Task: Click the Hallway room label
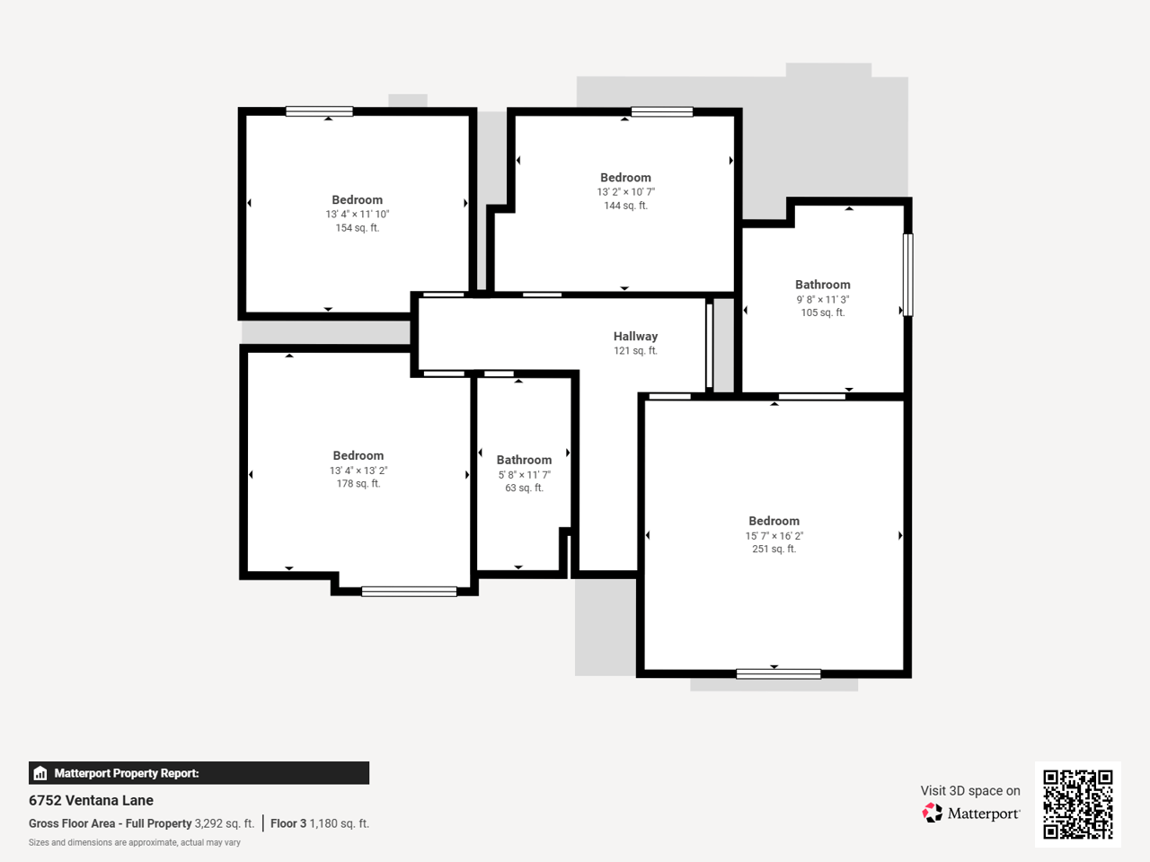[x=635, y=336]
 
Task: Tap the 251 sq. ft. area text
[x=774, y=549]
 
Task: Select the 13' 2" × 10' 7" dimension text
[x=625, y=192]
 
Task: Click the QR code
[x=1078, y=804]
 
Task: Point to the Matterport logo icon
[x=932, y=813]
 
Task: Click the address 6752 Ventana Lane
[x=91, y=800]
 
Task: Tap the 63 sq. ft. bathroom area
[x=524, y=488]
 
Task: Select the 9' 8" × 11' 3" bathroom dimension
[x=823, y=299]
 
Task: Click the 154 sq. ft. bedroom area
[x=358, y=228]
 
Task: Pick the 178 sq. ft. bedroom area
[x=358, y=484]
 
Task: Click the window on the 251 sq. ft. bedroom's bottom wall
[x=779, y=674]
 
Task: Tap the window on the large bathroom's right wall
[x=908, y=275]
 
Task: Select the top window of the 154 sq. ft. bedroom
[x=319, y=111]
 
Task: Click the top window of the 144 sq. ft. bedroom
[x=662, y=111]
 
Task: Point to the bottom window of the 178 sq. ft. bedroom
[x=409, y=592]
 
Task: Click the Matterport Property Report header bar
[x=199, y=773]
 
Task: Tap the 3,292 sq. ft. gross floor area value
[x=225, y=823]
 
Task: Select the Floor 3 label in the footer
[x=288, y=823]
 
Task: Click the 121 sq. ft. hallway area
[x=635, y=351]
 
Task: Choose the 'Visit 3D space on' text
[x=970, y=791]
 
